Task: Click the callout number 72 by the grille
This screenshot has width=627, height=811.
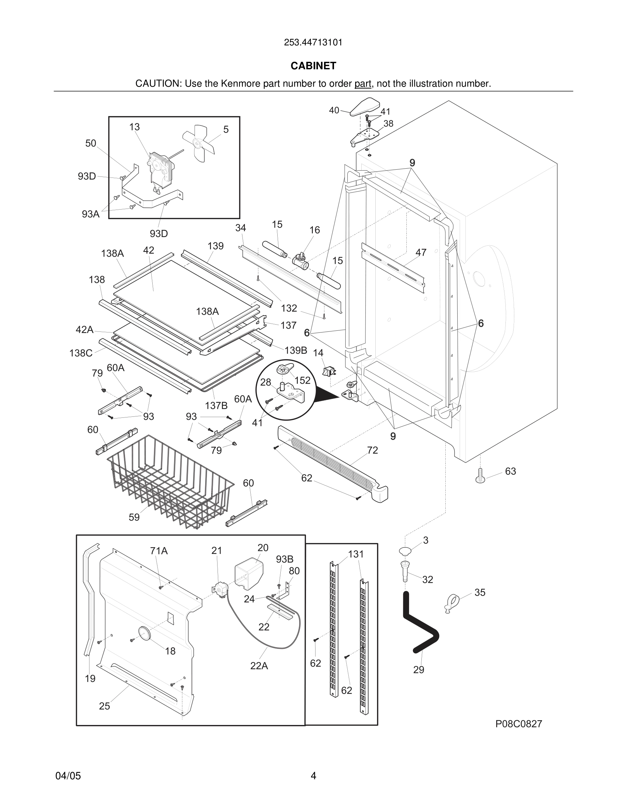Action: pos(372,450)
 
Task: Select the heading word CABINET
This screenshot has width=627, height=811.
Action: pos(313,66)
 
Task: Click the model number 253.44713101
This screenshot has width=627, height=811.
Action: pos(313,42)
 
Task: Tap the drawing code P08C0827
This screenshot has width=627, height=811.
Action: pos(518,724)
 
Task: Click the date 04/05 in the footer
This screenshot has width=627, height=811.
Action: pos(68,776)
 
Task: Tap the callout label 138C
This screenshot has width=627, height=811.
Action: pos(81,353)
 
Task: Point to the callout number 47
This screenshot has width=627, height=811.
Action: pos(420,253)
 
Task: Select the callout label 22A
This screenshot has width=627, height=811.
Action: pos(259,666)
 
